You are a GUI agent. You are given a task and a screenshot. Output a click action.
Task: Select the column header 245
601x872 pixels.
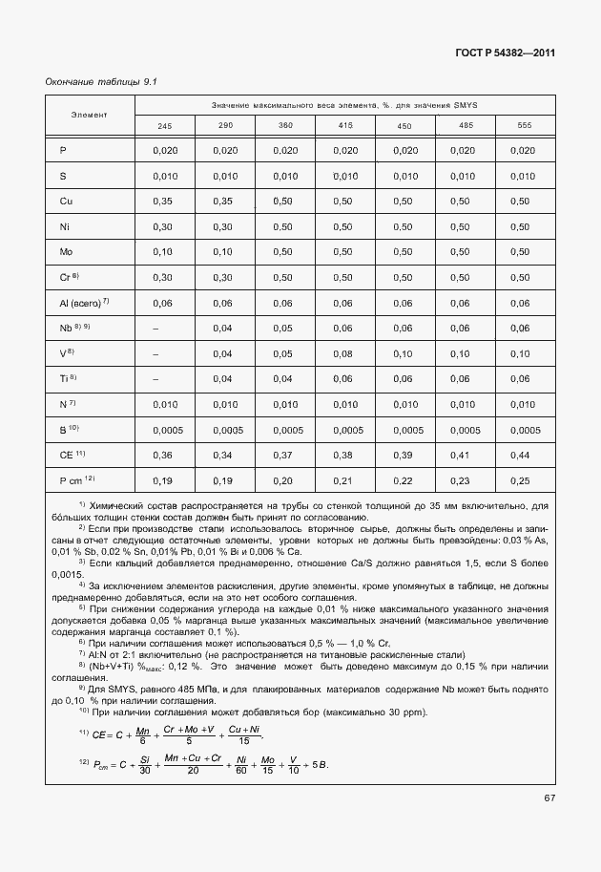click(165, 126)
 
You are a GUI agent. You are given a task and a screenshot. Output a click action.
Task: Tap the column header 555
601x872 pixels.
click(524, 126)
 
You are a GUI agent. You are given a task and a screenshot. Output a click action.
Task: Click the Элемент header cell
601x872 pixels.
click(90, 115)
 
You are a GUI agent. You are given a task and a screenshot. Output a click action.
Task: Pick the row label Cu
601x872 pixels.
click(66, 202)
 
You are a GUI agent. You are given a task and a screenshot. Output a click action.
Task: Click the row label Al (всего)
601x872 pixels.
click(83, 302)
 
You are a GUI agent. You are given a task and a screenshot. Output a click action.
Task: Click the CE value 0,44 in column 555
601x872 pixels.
click(520, 455)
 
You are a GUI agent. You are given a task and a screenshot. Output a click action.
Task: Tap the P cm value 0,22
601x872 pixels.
click(404, 480)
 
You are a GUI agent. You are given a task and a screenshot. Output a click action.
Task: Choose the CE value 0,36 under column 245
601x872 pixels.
click(163, 455)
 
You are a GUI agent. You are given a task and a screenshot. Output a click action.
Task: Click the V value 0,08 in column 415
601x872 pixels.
click(344, 353)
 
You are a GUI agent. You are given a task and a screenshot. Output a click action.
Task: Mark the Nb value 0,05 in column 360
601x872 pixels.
click(284, 328)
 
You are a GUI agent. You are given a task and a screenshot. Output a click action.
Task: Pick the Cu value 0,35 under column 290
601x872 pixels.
click(224, 202)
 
